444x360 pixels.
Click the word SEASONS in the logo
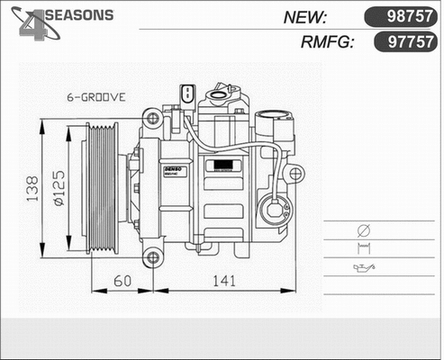(x=78, y=15)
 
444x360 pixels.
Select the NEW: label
(x=305, y=17)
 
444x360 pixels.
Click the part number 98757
(x=399, y=17)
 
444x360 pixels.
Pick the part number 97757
(x=399, y=41)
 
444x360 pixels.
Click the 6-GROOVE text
(x=96, y=95)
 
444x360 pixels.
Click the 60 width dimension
(x=123, y=282)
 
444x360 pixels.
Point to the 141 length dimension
(x=222, y=282)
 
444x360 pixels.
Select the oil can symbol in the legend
(x=363, y=267)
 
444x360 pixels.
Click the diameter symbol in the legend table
(x=363, y=229)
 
